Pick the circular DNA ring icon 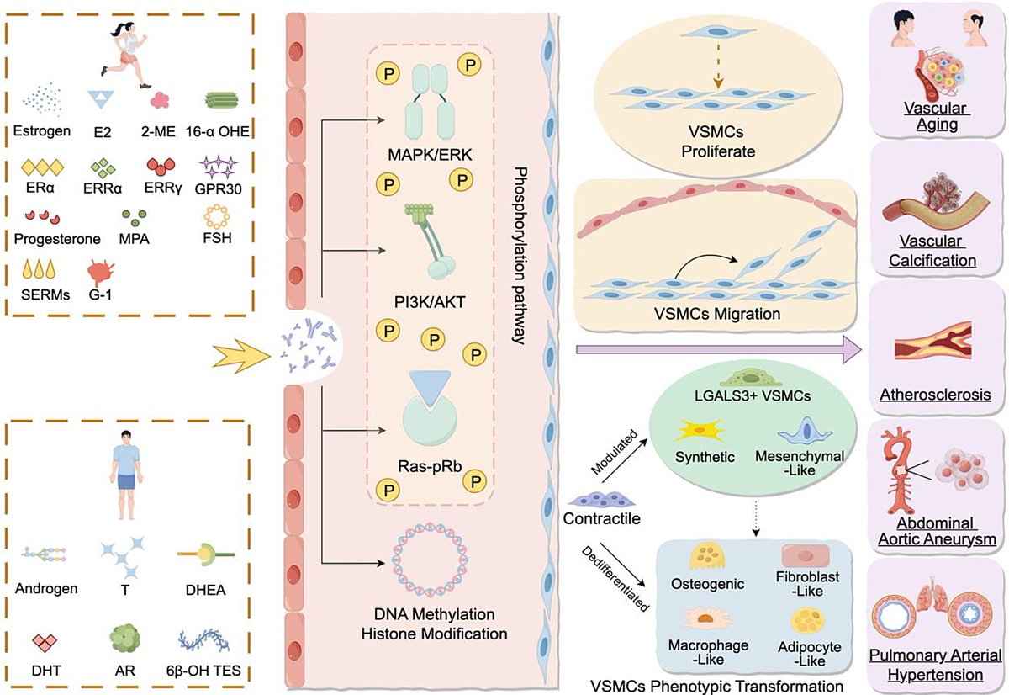tap(431, 561)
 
